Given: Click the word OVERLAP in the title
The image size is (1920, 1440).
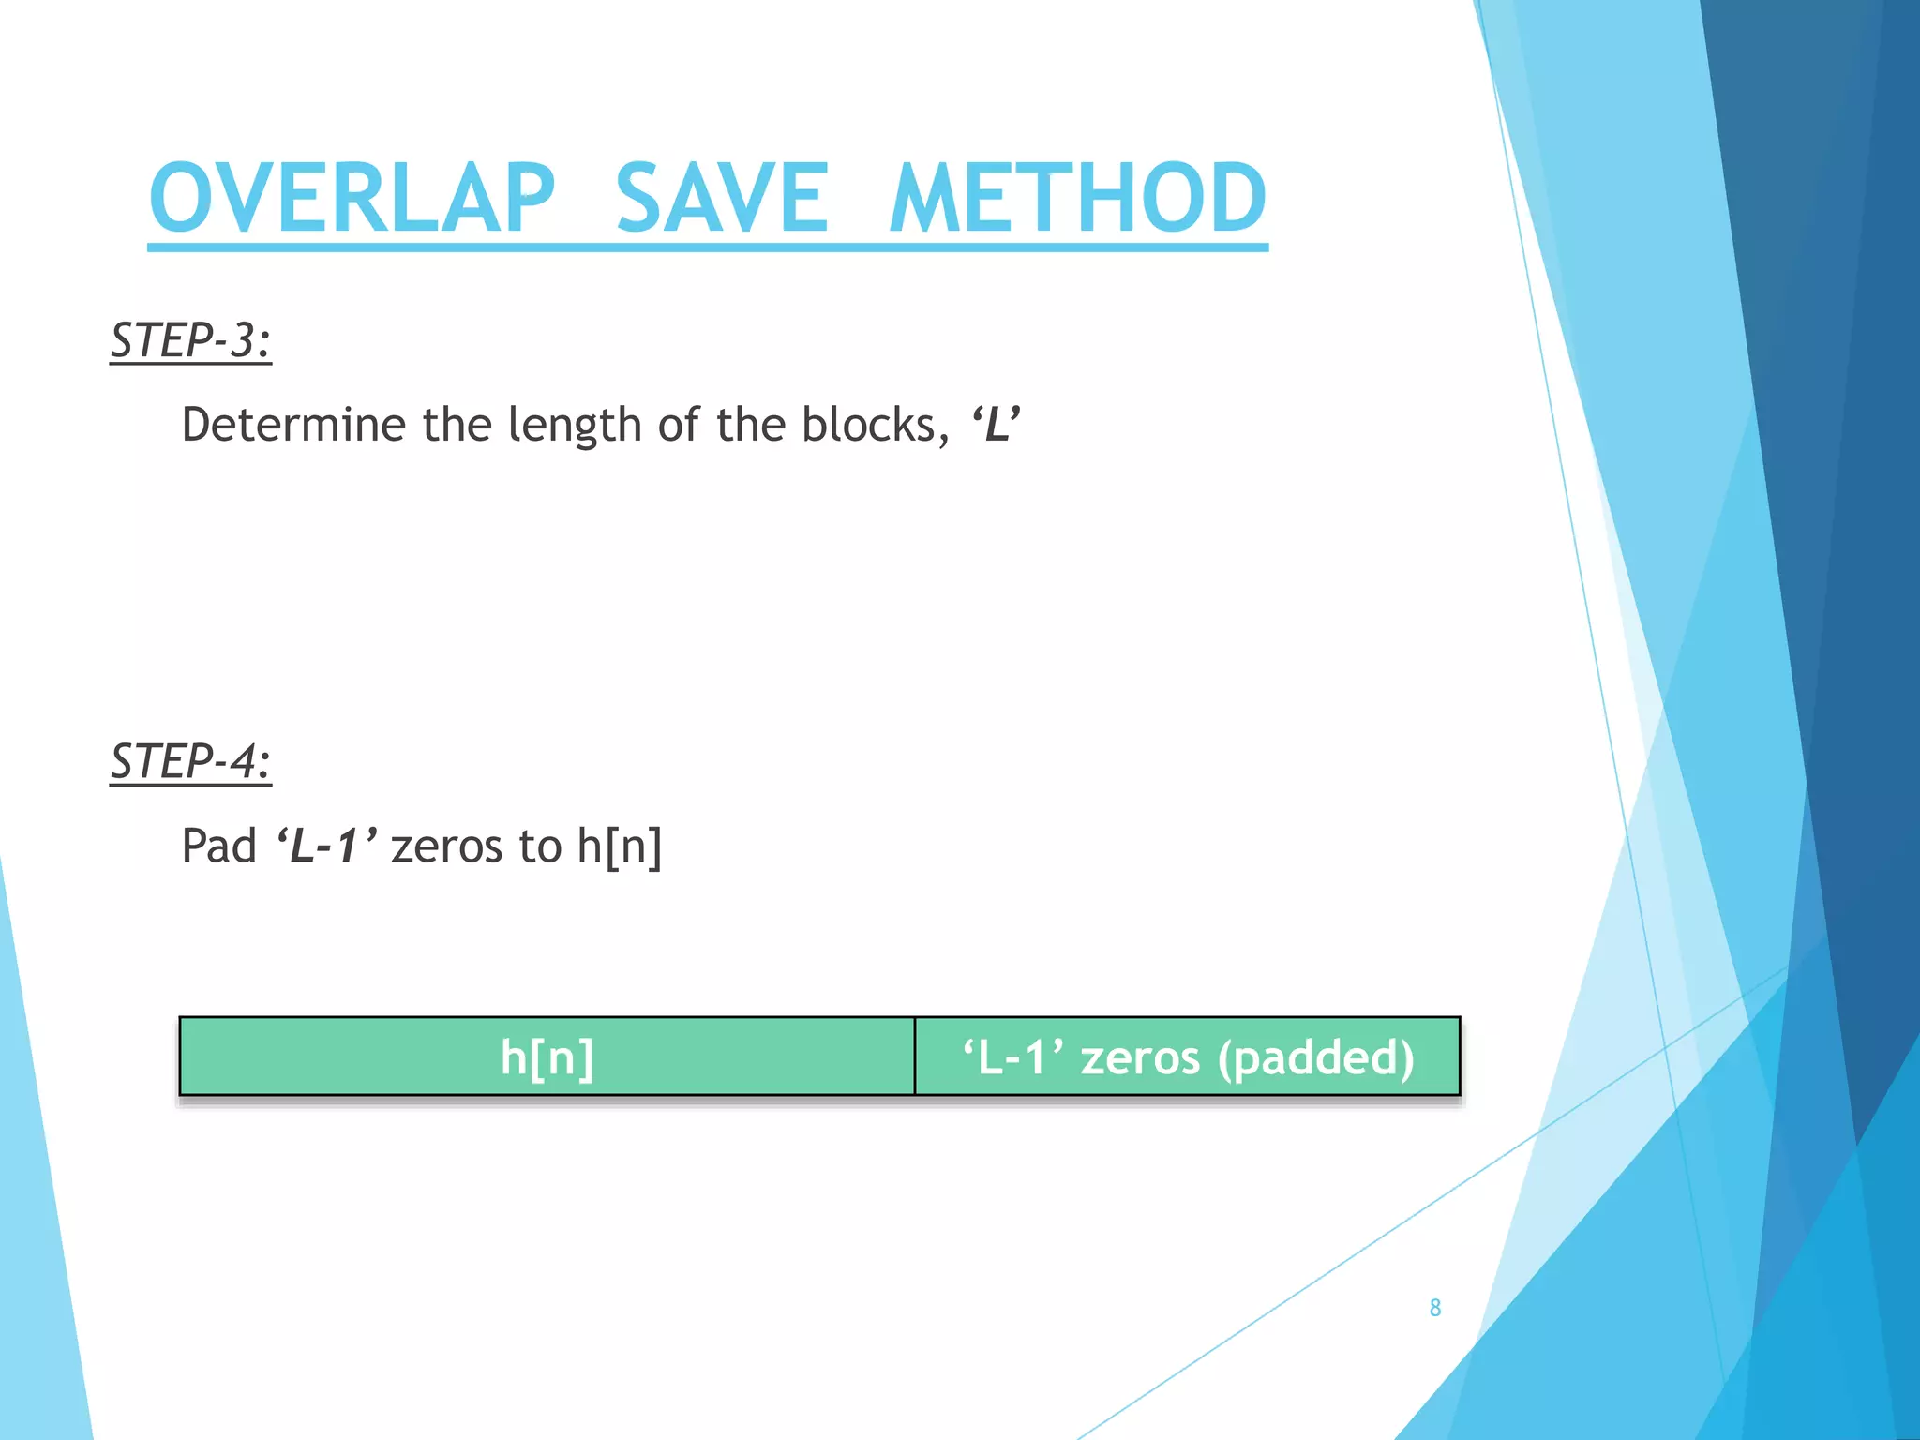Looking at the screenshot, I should pyautogui.click(x=352, y=198).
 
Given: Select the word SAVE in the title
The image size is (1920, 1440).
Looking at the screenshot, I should pyautogui.click(x=722, y=198).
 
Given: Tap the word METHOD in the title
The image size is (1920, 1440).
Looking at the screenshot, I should pyautogui.click(x=1078, y=198).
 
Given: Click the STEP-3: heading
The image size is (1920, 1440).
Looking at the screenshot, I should pyautogui.click(x=190, y=339).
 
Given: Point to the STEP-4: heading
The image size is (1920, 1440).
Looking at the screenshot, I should pyautogui.click(x=190, y=760).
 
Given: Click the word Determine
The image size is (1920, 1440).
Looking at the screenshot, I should pyautogui.click(x=293, y=425).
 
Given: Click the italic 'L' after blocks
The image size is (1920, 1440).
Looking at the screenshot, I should pyautogui.click(x=996, y=424).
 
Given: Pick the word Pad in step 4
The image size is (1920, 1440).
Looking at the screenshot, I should pyautogui.click(x=218, y=846).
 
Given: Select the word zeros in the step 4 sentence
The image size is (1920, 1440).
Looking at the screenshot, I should pyautogui.click(x=447, y=847).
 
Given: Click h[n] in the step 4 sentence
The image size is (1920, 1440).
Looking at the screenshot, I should pyautogui.click(x=619, y=847).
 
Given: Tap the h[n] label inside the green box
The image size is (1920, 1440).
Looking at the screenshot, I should pyautogui.click(x=547, y=1057).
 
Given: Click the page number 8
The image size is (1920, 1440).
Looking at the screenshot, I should pyautogui.click(x=1434, y=1308).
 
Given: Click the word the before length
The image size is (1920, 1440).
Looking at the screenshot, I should pyautogui.click(x=457, y=425).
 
